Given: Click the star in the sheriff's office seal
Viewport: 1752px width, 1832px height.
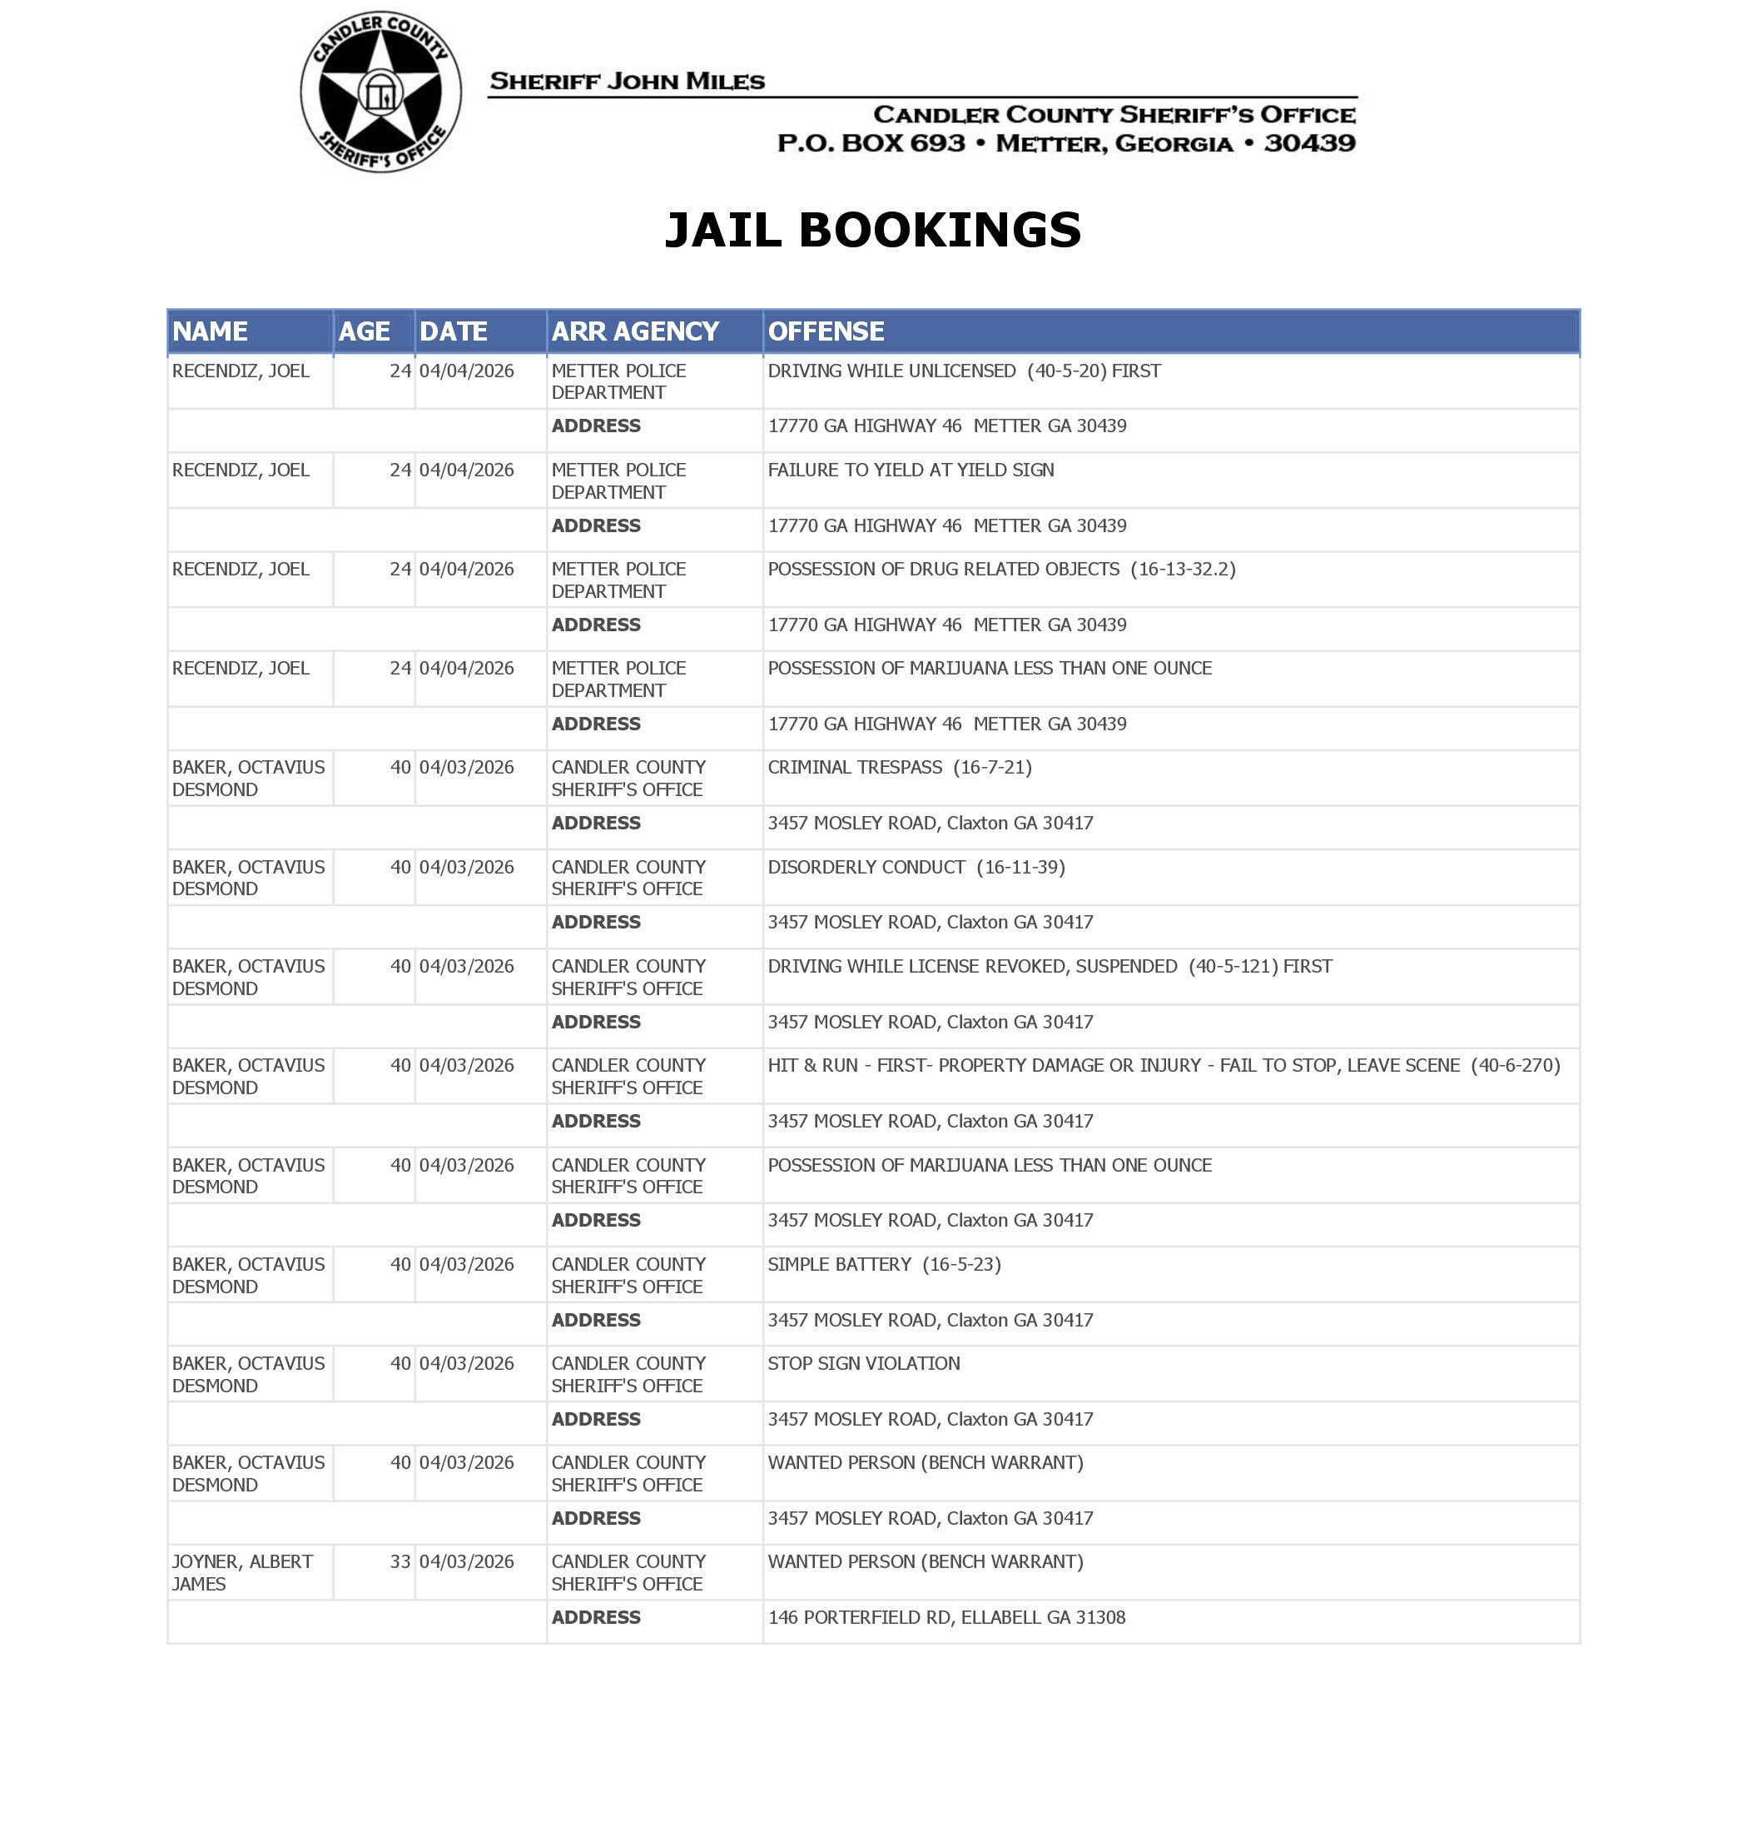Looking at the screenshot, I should pyautogui.click(x=380, y=92).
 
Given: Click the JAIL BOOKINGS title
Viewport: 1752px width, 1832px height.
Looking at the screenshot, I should pyautogui.click(x=872, y=230).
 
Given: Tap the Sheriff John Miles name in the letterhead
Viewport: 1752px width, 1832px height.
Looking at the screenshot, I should pyautogui.click(x=627, y=82).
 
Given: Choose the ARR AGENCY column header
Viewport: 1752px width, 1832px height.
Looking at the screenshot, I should pyautogui.click(x=634, y=331).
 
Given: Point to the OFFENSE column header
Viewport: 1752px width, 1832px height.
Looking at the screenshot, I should pyautogui.click(x=826, y=331).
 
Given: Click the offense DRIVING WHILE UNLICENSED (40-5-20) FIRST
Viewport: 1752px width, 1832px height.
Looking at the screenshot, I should pyautogui.click(x=964, y=371).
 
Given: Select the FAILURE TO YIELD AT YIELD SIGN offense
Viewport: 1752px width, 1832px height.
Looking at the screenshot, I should pyautogui.click(x=911, y=470).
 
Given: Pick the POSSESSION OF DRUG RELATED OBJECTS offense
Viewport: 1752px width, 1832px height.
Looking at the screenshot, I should pyautogui.click(x=1001, y=569).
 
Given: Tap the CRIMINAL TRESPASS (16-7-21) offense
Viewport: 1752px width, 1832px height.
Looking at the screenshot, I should pyautogui.click(x=900, y=767).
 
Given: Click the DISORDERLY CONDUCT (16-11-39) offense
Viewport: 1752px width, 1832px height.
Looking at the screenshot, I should pyautogui.click(x=916, y=867).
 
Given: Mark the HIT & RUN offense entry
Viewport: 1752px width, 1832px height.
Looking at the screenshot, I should pyautogui.click(x=1164, y=1065).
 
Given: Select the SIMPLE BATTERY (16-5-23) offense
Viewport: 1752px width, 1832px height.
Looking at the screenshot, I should pyautogui.click(x=883, y=1264).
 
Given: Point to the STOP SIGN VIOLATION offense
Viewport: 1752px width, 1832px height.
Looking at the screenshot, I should pyautogui.click(x=864, y=1363).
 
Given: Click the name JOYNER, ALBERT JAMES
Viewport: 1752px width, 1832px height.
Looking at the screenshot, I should pyautogui.click(x=242, y=1572).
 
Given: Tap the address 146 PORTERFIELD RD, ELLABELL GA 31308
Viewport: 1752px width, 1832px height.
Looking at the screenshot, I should pyautogui.click(x=946, y=1617).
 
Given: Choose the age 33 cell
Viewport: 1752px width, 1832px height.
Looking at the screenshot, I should pyautogui.click(x=400, y=1562).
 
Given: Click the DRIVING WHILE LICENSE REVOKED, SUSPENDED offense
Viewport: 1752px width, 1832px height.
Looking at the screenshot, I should pyautogui.click(x=1050, y=966).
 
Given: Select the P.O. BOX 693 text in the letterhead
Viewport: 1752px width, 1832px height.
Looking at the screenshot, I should pyautogui.click(x=871, y=144).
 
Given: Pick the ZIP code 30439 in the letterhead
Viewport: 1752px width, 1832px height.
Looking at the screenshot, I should pyautogui.click(x=1309, y=144).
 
